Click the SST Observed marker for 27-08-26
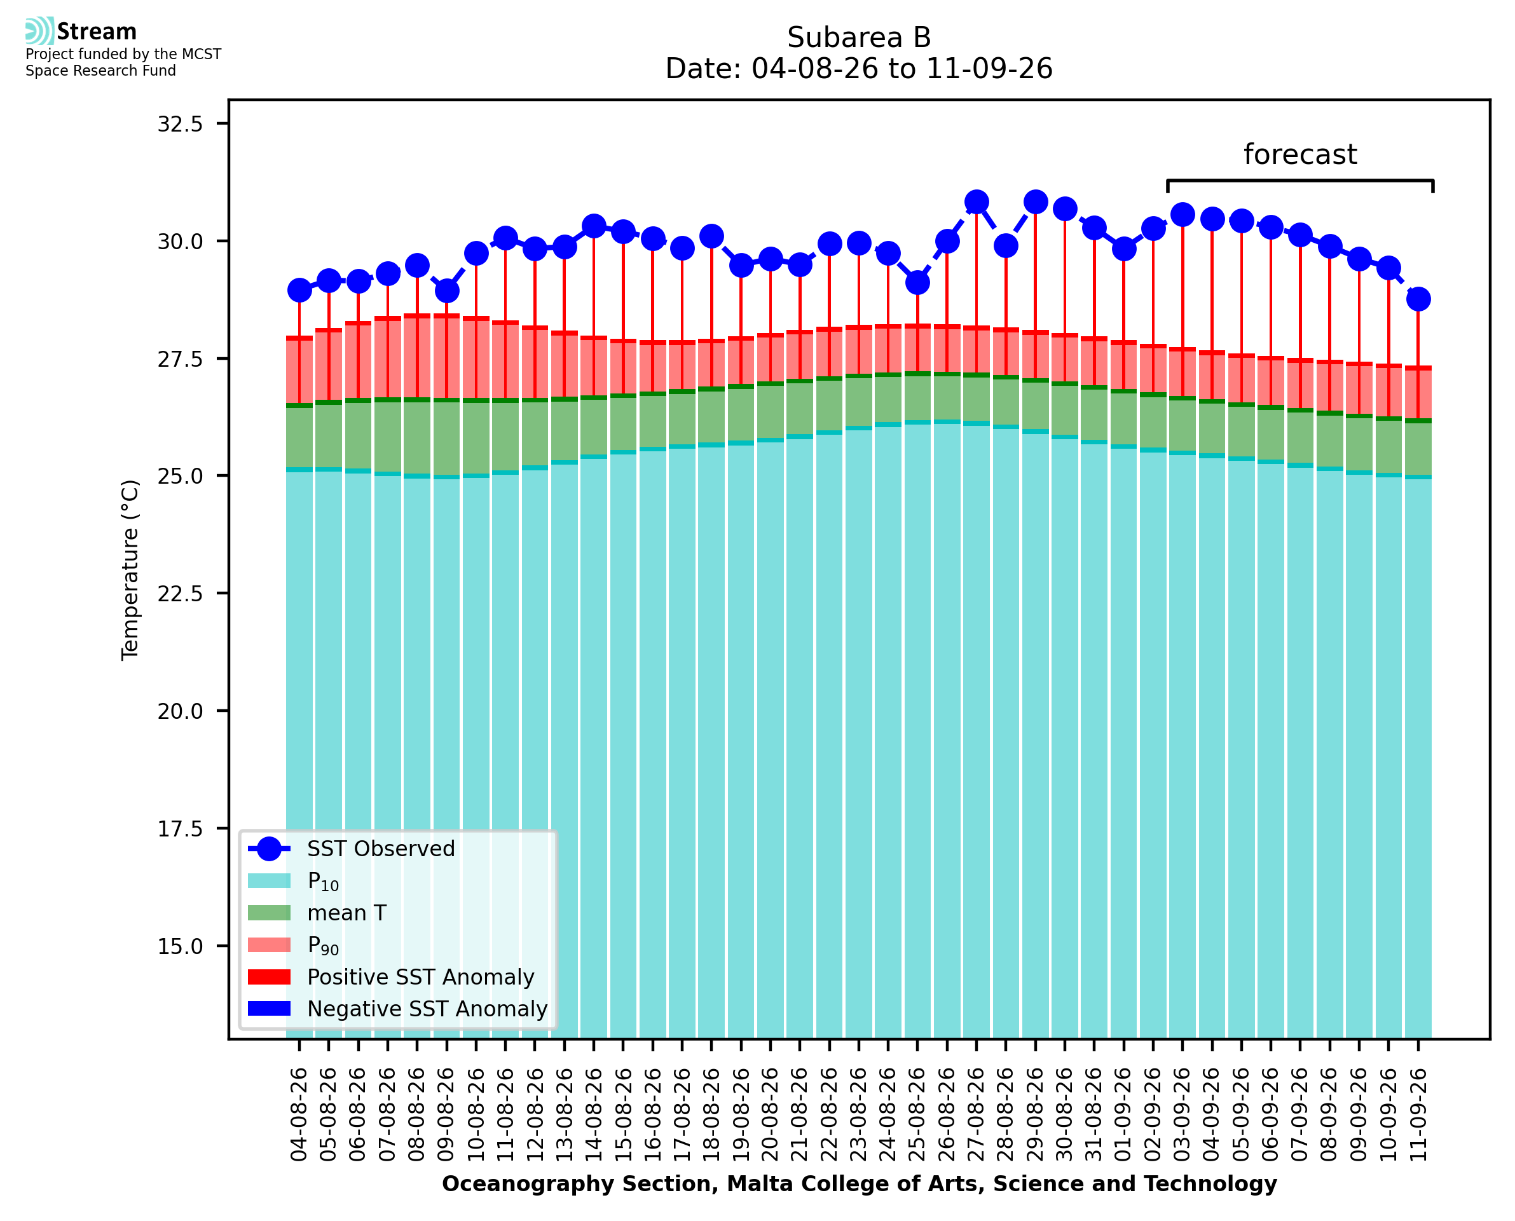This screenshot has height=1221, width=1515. point(977,203)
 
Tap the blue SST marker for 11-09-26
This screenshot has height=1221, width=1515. point(1418,299)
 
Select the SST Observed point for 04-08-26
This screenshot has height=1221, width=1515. point(299,290)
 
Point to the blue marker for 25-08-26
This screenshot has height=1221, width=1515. point(917,283)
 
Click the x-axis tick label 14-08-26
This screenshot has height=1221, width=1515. point(594,1114)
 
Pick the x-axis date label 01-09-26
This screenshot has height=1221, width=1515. point(1123,1114)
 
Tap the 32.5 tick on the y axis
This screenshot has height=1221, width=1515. point(180,124)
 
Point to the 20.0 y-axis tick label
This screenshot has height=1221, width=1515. point(180,711)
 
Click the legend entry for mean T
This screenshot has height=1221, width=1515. point(317,913)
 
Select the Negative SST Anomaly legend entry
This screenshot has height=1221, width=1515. point(397,1009)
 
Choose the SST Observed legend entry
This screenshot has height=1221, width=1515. point(352,849)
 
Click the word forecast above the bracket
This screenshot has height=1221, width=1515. point(1299,154)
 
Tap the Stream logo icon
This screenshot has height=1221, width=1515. point(39,31)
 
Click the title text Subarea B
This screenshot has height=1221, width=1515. point(859,38)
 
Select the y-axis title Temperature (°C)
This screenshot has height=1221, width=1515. point(130,570)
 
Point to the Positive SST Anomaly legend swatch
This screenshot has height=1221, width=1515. point(269,977)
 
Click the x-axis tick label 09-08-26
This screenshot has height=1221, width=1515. point(447,1114)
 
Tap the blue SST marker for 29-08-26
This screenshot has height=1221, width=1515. point(1035,203)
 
